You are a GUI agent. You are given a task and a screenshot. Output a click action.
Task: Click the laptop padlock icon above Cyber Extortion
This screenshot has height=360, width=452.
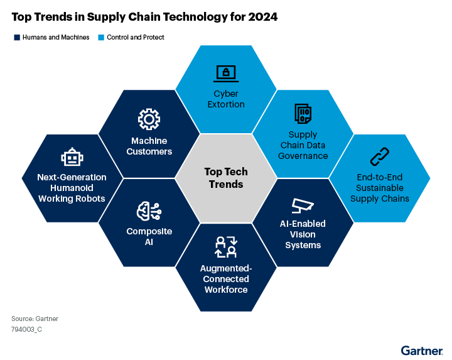pyautogui.click(x=225, y=73)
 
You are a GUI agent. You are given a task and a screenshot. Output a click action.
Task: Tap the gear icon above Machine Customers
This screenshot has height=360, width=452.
pyautogui.click(x=149, y=119)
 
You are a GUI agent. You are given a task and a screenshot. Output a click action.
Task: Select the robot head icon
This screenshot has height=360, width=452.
pyautogui.click(x=72, y=158)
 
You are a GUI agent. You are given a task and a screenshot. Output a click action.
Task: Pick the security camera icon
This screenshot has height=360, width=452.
pyautogui.click(x=303, y=206)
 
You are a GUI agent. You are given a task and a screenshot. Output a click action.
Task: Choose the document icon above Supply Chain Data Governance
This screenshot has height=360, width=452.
pyautogui.click(x=303, y=114)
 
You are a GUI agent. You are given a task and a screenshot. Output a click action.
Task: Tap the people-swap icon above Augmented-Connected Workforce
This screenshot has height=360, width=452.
pyautogui.click(x=225, y=248)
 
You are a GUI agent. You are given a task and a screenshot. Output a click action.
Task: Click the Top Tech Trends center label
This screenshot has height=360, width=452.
pyautogui.click(x=225, y=178)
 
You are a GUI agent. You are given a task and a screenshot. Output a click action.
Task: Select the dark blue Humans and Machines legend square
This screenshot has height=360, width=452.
pyautogui.click(x=17, y=38)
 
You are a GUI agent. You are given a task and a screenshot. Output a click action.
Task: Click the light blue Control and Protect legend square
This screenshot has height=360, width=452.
pyautogui.click(x=102, y=38)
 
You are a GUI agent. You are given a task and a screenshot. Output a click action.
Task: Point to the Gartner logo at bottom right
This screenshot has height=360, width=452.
pyautogui.click(x=422, y=349)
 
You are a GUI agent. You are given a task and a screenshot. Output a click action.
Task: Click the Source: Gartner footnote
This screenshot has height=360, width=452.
pyautogui.click(x=35, y=319)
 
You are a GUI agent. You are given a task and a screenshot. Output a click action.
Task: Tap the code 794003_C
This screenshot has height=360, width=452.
pyautogui.click(x=26, y=329)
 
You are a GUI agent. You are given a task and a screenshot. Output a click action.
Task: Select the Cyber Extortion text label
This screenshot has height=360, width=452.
pyautogui.click(x=225, y=99)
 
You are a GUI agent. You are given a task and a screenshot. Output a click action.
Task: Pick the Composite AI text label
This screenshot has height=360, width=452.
pyautogui.click(x=149, y=236)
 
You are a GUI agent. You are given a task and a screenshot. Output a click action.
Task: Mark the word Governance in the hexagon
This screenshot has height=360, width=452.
pyautogui.click(x=303, y=156)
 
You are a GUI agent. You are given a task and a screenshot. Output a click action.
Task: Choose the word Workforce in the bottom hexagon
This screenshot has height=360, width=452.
pyautogui.click(x=225, y=290)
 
